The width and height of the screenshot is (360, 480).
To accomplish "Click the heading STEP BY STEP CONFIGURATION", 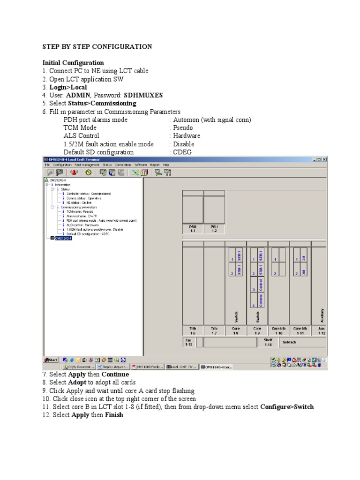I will pos(97,47).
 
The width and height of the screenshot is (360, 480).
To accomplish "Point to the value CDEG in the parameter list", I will pos(182,152).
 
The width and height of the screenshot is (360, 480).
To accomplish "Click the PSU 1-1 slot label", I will pos(192,229).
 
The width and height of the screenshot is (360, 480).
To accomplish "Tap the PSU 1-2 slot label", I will pos(214,229).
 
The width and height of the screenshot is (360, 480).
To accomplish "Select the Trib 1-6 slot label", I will pos(192,331).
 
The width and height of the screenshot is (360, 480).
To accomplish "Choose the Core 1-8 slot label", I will pos(235,331).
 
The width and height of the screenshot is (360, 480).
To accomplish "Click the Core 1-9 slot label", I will pos(257,331).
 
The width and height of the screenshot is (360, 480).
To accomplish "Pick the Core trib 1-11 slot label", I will pos(300,331).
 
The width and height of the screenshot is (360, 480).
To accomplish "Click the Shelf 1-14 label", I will pos(268,342).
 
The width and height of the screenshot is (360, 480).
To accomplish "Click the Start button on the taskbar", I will pos(51,360).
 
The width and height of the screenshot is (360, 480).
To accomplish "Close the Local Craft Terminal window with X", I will pos(325,159).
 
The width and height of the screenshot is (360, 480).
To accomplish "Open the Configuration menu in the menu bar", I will pos(62,165).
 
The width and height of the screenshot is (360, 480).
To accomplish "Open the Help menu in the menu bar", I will pos(166,165).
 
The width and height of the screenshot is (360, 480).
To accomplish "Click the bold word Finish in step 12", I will pos(114,415).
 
